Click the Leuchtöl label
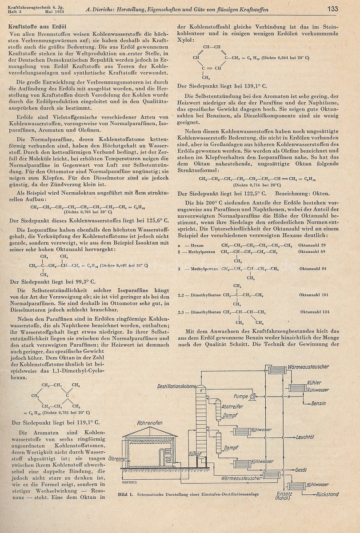pos(305,437)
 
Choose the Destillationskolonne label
pos(176,386)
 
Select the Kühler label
pos(314,383)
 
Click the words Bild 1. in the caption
pos(126,494)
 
